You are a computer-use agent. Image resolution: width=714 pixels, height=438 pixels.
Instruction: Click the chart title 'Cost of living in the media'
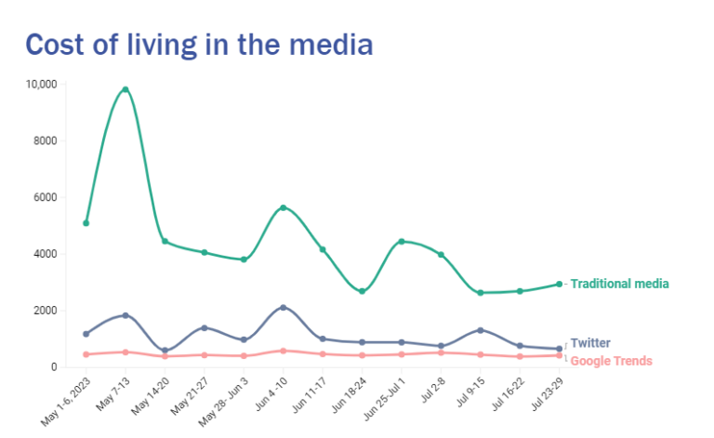coord(199,44)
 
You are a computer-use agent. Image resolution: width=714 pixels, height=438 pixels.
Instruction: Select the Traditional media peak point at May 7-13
coord(126,89)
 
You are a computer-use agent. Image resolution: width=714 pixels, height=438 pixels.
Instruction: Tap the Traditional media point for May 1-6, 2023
coord(86,223)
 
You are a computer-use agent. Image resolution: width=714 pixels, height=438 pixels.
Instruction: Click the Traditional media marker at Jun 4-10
coord(283,207)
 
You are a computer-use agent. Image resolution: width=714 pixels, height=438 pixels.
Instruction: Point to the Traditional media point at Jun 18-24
coord(362,291)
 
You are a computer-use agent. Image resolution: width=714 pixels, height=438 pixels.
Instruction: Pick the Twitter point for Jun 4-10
coord(283,308)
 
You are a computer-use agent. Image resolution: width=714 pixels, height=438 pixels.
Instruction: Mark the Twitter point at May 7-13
coord(126,315)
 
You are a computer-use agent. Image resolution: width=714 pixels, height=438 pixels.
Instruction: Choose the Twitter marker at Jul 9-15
coord(480,330)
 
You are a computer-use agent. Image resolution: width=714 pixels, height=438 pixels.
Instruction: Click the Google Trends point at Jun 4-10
coord(283,351)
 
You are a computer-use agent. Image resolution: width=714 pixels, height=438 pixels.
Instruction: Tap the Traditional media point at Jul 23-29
coord(559,285)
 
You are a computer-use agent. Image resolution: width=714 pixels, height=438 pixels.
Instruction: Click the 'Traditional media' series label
coord(619,284)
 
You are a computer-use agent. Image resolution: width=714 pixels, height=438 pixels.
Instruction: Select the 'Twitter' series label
coord(590,343)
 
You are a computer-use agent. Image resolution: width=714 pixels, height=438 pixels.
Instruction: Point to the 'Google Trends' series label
coord(611,361)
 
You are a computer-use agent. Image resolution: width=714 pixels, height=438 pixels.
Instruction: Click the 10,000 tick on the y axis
coord(42,84)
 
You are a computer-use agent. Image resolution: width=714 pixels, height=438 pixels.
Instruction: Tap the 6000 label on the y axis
coord(46,197)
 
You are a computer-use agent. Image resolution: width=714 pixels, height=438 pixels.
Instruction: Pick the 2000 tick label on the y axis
coord(46,310)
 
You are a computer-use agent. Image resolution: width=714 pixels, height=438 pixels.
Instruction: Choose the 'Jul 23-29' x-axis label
coord(545,398)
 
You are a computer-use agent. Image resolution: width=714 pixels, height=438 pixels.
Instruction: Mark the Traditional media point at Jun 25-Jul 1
coord(401,242)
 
